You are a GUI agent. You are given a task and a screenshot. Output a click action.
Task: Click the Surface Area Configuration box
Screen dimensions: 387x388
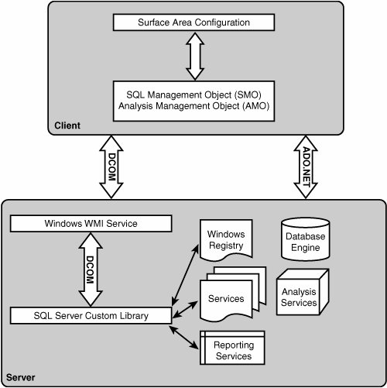point(193,22)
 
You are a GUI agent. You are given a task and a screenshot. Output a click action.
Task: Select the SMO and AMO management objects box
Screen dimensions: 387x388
point(193,101)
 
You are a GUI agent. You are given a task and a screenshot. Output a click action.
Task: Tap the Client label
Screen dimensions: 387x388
point(67,125)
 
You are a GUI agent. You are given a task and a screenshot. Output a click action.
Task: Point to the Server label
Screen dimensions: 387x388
point(21,377)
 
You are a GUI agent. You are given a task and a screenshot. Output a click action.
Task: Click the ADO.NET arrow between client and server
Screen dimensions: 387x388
point(306,167)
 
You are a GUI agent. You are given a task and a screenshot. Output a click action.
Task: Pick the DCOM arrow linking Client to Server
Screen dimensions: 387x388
point(111,167)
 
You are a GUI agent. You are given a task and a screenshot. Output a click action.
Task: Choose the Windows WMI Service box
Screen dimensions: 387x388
point(91,223)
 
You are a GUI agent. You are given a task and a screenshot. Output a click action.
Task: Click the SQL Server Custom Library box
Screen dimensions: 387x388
point(91,315)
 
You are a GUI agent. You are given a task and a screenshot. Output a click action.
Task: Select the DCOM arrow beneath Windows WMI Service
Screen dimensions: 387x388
point(91,270)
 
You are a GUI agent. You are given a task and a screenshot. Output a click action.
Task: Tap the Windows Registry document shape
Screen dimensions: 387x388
point(226,239)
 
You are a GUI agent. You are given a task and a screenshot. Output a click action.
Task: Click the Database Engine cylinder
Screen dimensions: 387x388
point(306,239)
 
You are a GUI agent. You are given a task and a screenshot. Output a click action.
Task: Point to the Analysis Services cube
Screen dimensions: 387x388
point(303,292)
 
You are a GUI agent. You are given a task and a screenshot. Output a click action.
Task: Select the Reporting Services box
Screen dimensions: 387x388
point(232,348)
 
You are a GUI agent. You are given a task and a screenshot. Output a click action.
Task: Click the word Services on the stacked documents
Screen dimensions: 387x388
point(226,299)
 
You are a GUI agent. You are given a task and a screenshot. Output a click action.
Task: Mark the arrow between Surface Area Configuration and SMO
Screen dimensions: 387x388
point(195,56)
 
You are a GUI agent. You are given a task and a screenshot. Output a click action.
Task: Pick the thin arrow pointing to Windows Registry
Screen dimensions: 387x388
point(185,275)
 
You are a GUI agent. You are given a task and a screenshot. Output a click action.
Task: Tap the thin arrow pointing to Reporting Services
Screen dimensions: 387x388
point(184,338)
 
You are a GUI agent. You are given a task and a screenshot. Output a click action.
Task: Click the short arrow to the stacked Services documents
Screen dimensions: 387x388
point(185,309)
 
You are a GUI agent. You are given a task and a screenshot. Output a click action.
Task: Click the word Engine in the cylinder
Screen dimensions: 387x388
point(306,248)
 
